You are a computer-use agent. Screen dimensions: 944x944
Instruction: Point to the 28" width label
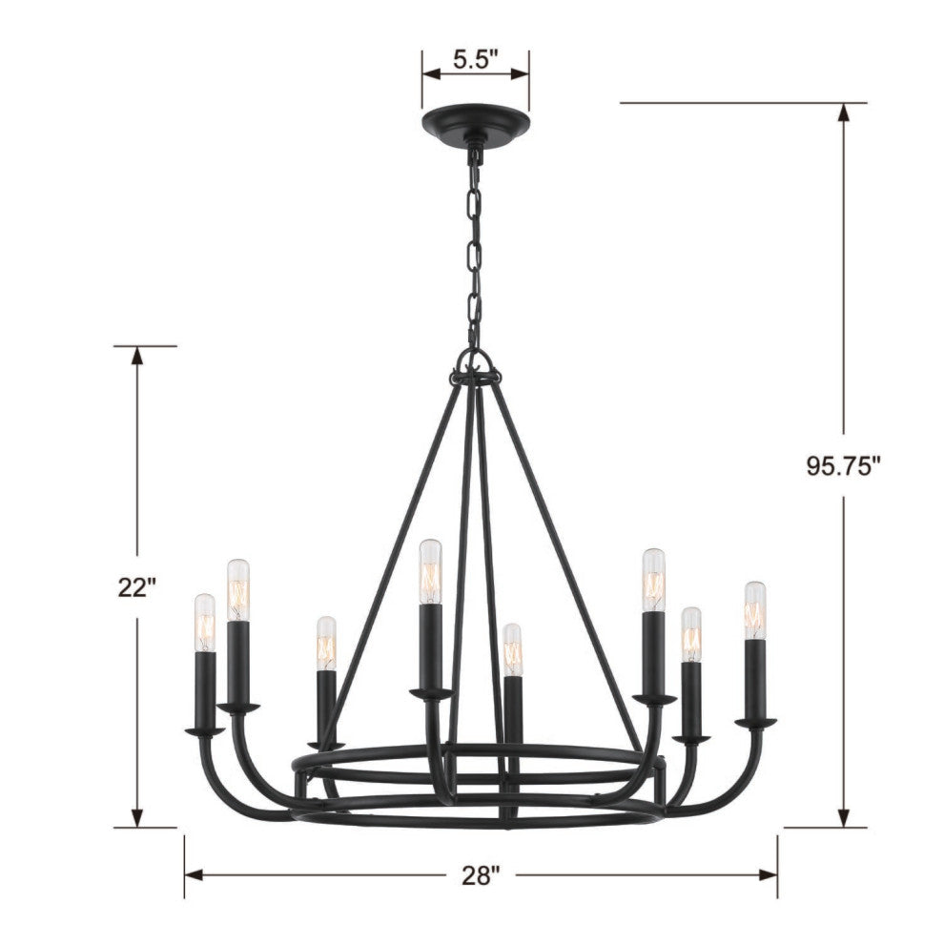[480, 873]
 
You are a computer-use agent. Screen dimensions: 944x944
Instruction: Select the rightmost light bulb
[754, 609]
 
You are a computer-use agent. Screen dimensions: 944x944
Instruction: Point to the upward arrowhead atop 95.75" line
[843, 113]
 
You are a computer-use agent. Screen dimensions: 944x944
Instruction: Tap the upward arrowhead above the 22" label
[137, 357]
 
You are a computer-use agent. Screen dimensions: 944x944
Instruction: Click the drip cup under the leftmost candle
[205, 730]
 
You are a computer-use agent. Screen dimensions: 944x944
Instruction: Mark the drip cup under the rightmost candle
[755, 723]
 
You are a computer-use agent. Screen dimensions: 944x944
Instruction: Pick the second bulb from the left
[237, 589]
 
